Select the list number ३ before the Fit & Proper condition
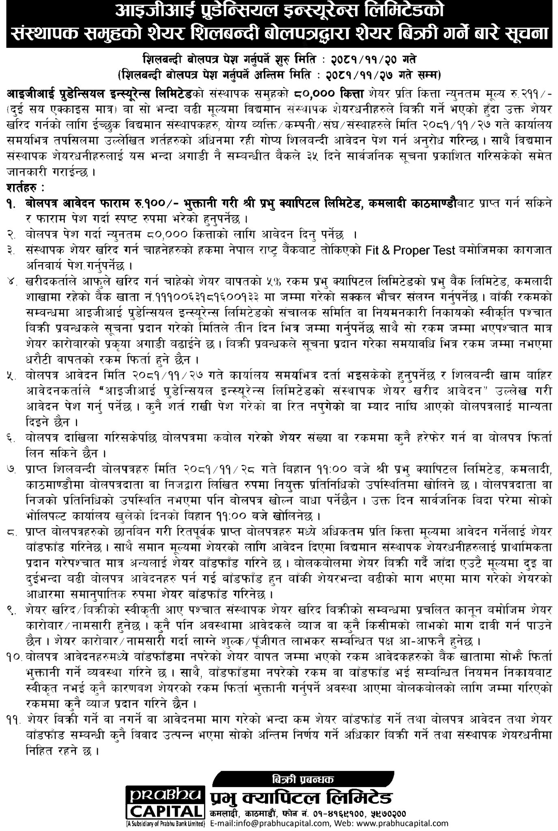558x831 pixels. [x=11, y=251]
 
